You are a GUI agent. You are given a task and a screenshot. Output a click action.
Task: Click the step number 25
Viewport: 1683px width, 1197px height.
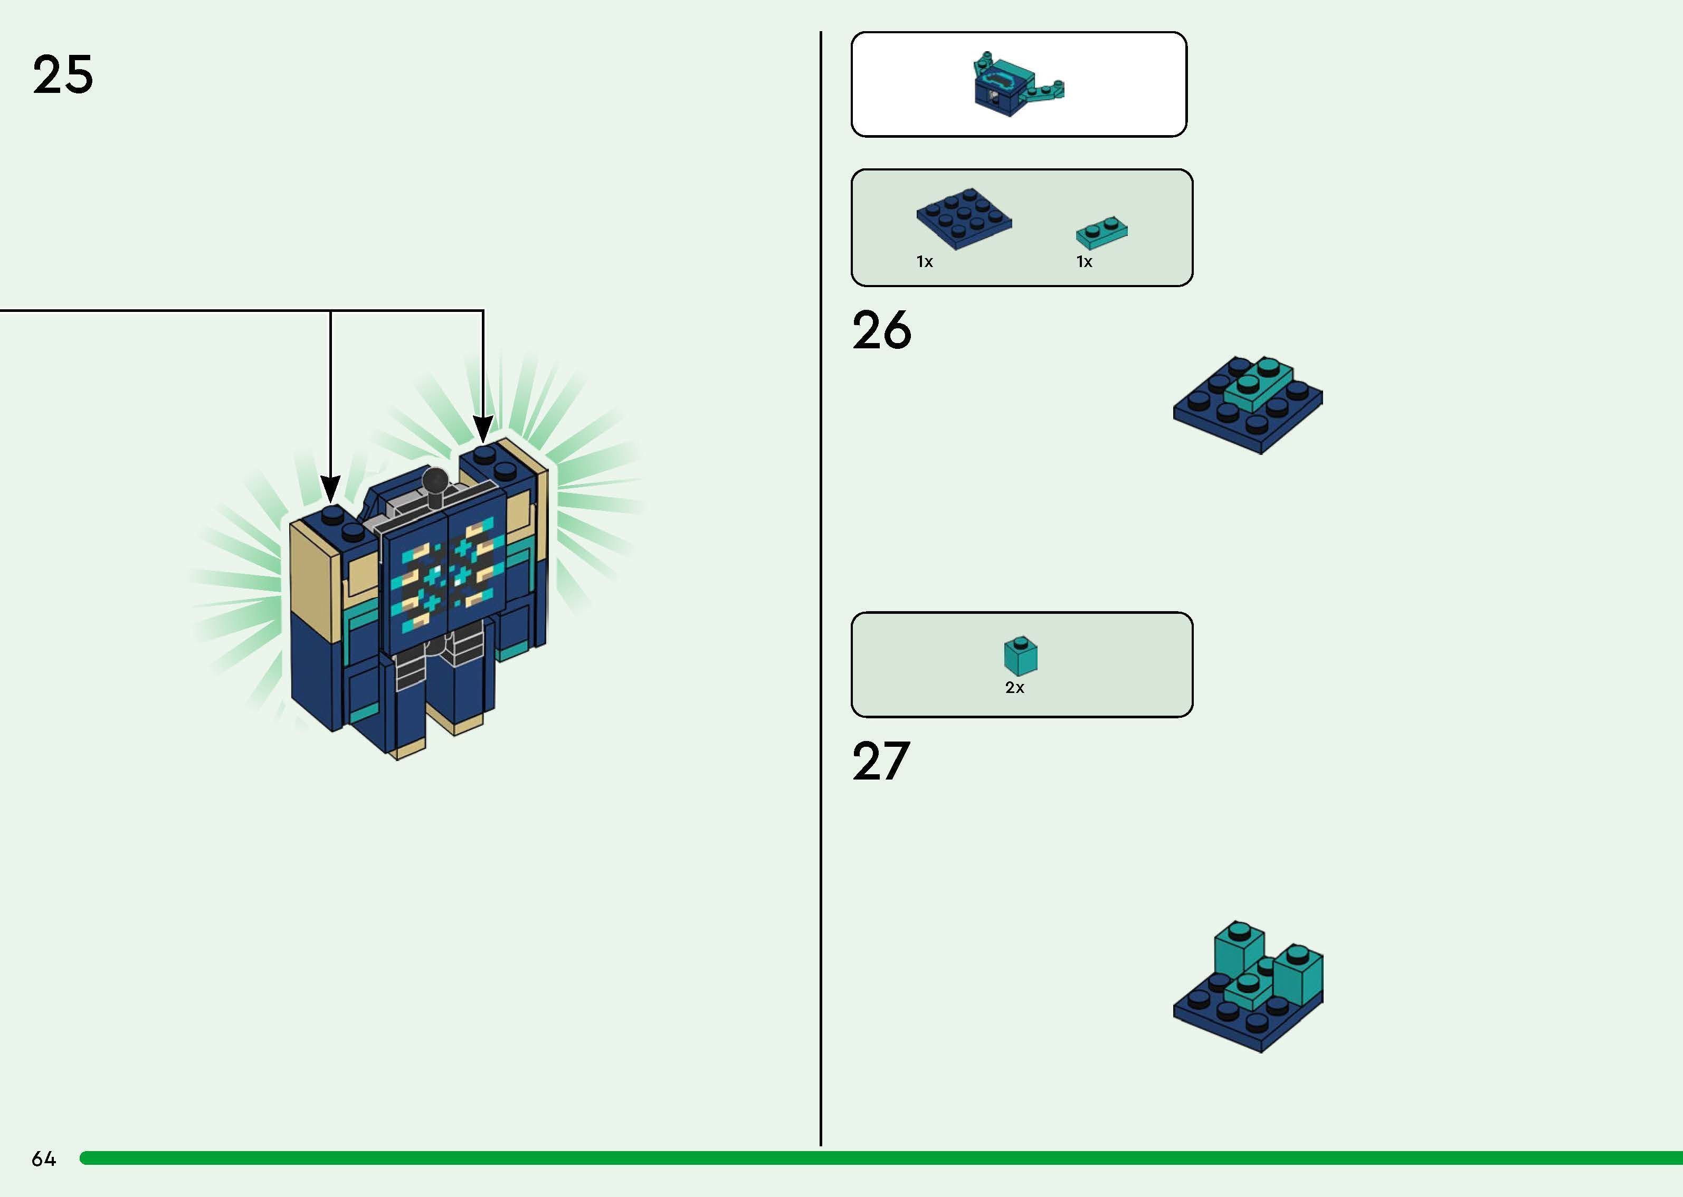[63, 74]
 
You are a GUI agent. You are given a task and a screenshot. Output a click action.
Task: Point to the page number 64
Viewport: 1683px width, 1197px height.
[43, 1158]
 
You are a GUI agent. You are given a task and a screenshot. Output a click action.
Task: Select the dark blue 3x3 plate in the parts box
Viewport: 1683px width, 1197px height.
[964, 217]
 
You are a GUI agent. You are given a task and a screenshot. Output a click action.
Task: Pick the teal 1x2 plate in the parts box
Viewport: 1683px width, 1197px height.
[1101, 232]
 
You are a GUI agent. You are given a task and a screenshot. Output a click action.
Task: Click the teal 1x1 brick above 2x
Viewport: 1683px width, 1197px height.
[1021, 655]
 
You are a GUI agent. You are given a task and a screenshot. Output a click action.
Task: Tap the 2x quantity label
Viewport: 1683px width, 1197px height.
[1015, 688]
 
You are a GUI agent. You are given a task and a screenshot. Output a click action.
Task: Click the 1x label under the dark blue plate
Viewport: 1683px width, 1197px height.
[925, 262]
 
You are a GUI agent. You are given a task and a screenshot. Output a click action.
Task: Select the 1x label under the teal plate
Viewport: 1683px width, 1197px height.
[1084, 262]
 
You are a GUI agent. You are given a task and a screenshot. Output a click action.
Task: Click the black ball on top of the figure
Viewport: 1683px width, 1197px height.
[435, 481]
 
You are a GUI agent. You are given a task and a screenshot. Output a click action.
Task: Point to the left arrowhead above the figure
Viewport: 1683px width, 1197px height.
[331, 489]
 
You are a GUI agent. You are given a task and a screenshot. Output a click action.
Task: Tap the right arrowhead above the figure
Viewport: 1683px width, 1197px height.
[483, 429]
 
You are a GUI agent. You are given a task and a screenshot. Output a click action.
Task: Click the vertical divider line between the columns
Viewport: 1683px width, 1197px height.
[820, 590]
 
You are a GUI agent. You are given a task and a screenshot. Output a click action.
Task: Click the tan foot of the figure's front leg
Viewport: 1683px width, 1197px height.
[407, 751]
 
